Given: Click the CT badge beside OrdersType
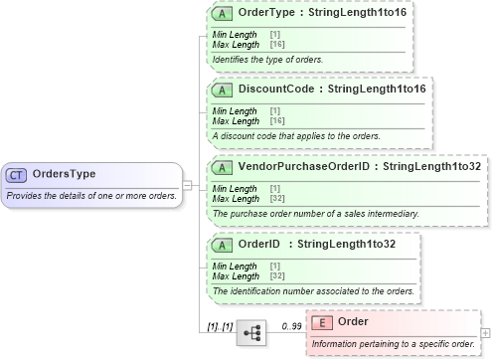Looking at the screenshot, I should pos(16,174).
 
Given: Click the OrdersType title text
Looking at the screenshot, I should pos(65,174).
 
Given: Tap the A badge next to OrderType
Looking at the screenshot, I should pos(225,15).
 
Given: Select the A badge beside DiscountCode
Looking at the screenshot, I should pos(225,90).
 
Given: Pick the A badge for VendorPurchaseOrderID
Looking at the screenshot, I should pos(225,166).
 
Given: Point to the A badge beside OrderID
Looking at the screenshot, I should pos(225,244).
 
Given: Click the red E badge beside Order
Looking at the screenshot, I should pos(322,321).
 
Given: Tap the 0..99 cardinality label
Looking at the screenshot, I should pos(291,325).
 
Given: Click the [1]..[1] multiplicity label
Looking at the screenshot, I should pos(220,325).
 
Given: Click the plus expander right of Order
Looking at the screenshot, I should pos(485,332).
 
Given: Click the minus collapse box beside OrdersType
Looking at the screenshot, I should pos(186,184).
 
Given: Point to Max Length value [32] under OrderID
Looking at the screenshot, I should pos(277,275).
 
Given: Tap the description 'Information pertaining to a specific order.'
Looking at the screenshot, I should pos(393,344).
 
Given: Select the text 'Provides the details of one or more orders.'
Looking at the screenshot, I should pos(91,195).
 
